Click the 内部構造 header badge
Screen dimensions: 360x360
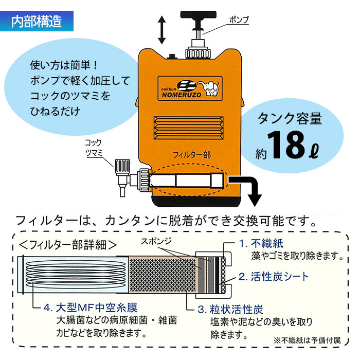pyautogui.click(x=37, y=21)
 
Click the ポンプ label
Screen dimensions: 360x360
pyautogui.click(x=238, y=20)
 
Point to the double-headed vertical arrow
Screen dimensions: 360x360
pyautogui.click(x=162, y=29)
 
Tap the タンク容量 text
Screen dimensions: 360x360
pyautogui.click(x=290, y=119)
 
